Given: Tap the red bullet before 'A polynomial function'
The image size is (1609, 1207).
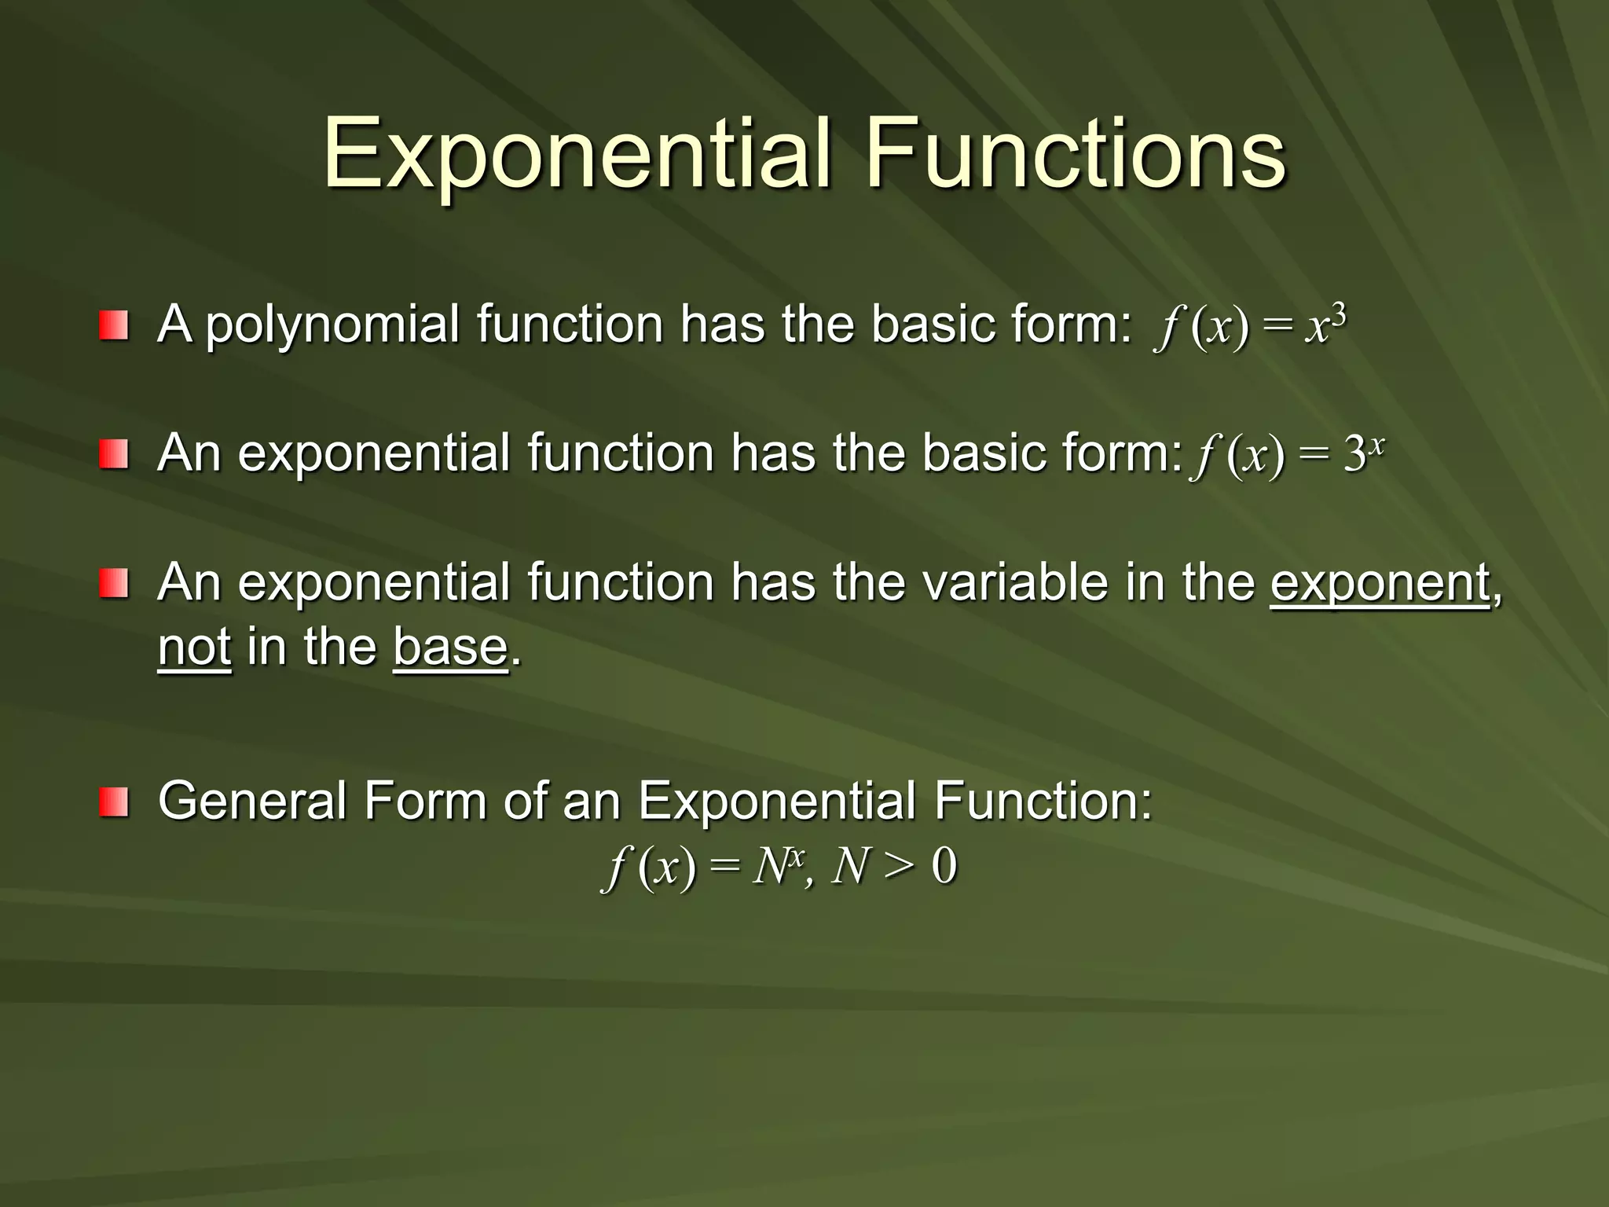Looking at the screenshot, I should (x=113, y=325).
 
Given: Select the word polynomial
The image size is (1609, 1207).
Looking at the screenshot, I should (x=332, y=325).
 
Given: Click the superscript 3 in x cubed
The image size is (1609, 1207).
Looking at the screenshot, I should (x=1340, y=316).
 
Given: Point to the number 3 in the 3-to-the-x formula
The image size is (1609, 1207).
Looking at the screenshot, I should (x=1354, y=455).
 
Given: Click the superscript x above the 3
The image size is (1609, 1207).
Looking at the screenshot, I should (x=1376, y=445).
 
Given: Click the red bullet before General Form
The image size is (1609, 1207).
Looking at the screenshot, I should (x=113, y=802).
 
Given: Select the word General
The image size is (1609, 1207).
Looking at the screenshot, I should (x=252, y=802).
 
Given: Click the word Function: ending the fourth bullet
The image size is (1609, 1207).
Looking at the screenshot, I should (x=1043, y=802).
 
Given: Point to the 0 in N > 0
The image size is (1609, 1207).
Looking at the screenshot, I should (x=944, y=868).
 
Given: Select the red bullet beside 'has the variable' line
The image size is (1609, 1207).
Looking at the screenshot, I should (x=113, y=584).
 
